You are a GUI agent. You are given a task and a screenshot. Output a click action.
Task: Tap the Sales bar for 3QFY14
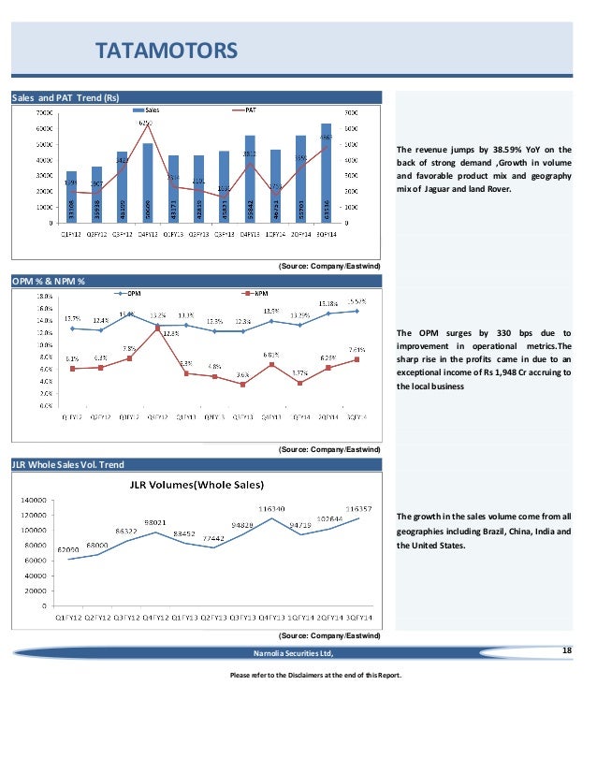point(326,173)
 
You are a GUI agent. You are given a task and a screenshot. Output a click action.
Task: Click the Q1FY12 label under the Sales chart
point(70,234)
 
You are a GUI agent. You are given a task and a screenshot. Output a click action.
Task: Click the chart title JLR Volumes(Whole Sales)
point(197,485)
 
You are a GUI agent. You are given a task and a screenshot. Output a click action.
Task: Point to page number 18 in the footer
point(564,649)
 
